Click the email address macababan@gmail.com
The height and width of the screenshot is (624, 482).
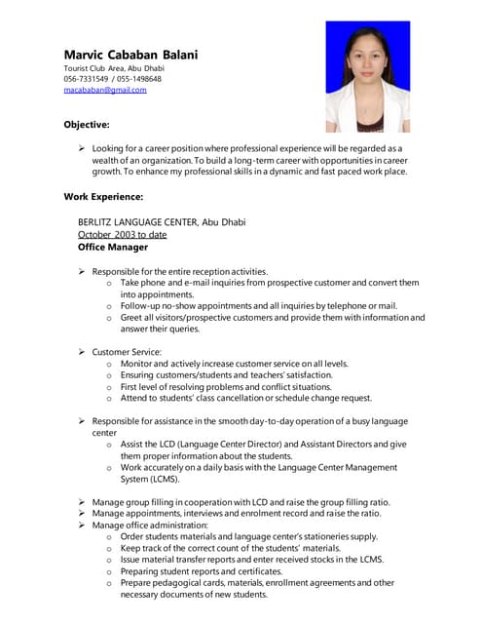point(105,90)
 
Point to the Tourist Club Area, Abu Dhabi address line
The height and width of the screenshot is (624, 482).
point(107,68)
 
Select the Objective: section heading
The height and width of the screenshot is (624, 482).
point(87,125)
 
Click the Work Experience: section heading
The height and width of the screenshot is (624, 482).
point(103,197)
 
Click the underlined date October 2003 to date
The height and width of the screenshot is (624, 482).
point(122,235)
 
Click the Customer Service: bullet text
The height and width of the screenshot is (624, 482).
point(127,351)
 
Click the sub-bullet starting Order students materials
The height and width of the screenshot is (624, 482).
point(248,536)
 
